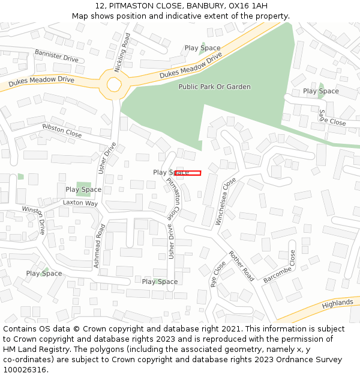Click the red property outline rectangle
(188, 173)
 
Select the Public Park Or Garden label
(214, 87)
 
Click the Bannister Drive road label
(56, 56)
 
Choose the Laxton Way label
(80, 203)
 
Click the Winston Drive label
(35, 218)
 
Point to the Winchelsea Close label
(226, 201)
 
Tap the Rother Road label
(241, 266)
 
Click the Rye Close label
(217, 274)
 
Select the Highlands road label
(337, 304)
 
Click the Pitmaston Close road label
(173, 198)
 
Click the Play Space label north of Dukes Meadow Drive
(202, 48)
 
